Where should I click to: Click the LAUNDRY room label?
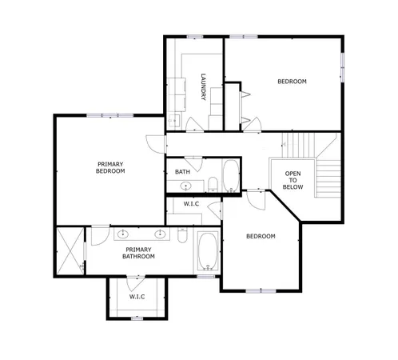(x=205, y=87)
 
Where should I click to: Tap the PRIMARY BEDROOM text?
(x=110, y=167)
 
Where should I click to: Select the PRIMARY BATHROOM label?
(x=138, y=254)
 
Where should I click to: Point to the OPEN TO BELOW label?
(x=293, y=180)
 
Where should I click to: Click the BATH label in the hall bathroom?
(x=182, y=171)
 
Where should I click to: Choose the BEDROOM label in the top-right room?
(x=292, y=82)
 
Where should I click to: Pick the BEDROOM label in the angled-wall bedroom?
(x=261, y=236)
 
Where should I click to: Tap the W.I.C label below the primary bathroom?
(x=137, y=298)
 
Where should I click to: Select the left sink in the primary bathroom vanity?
(x=124, y=234)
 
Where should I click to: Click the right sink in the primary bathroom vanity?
(x=160, y=234)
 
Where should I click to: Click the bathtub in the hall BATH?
(x=230, y=176)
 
